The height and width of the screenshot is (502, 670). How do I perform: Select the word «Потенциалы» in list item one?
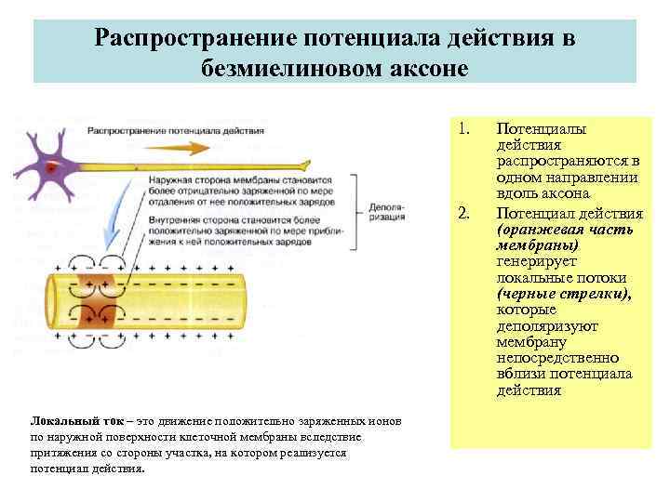coord(540,128)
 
